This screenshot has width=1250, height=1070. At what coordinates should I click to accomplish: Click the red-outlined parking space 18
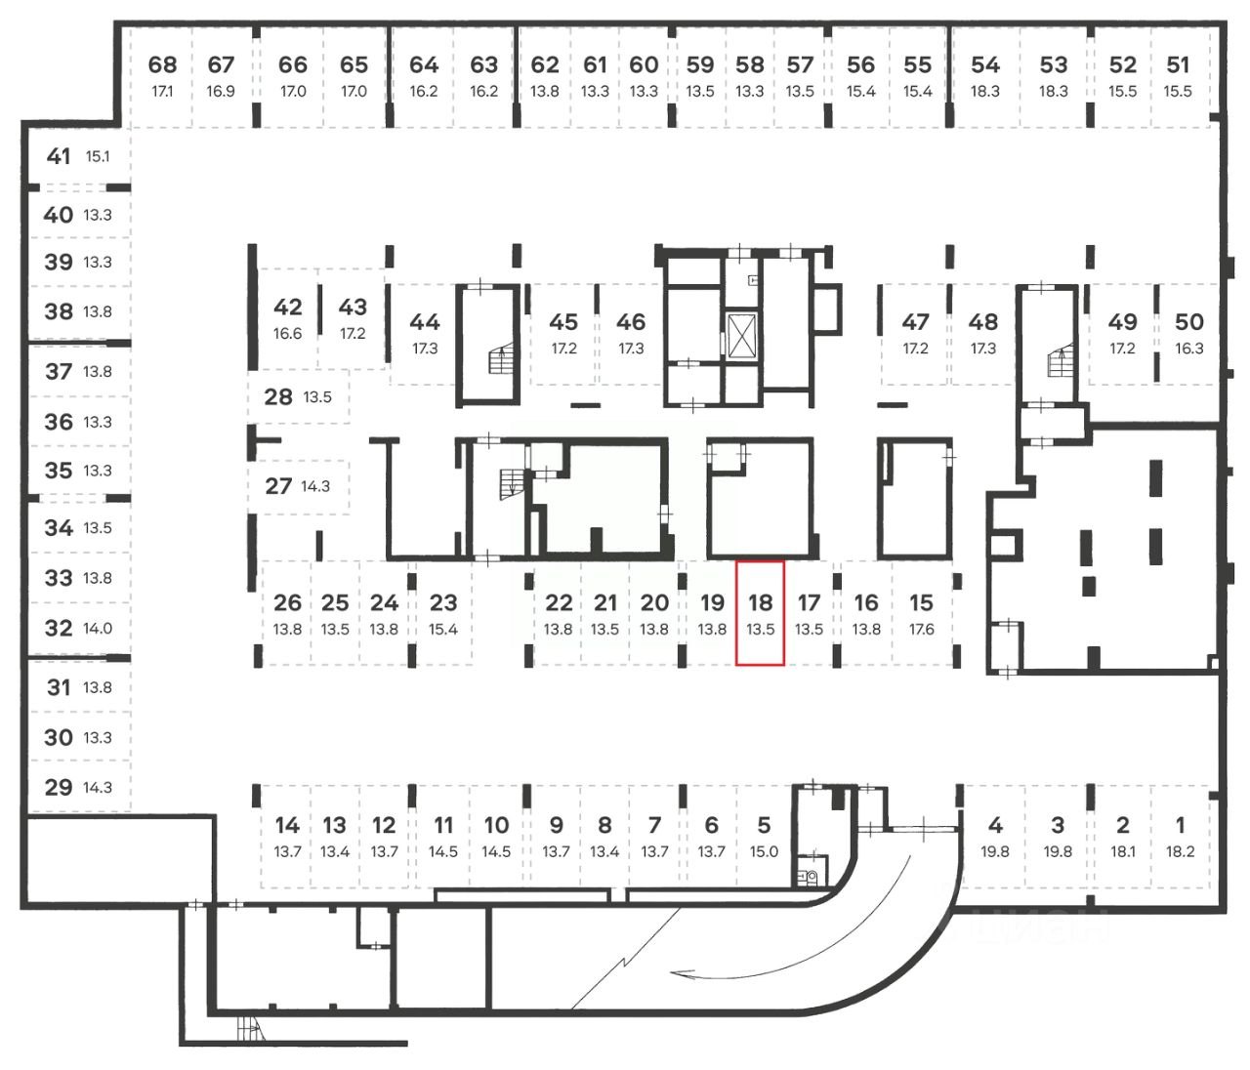(760, 613)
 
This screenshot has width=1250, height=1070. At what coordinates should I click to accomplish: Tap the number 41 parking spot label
(59, 156)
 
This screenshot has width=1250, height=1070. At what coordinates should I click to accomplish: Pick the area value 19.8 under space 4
(995, 851)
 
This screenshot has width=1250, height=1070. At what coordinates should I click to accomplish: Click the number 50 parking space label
(1188, 322)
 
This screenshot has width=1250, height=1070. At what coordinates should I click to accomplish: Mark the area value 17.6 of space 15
(921, 630)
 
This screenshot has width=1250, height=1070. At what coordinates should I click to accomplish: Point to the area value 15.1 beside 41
(98, 156)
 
